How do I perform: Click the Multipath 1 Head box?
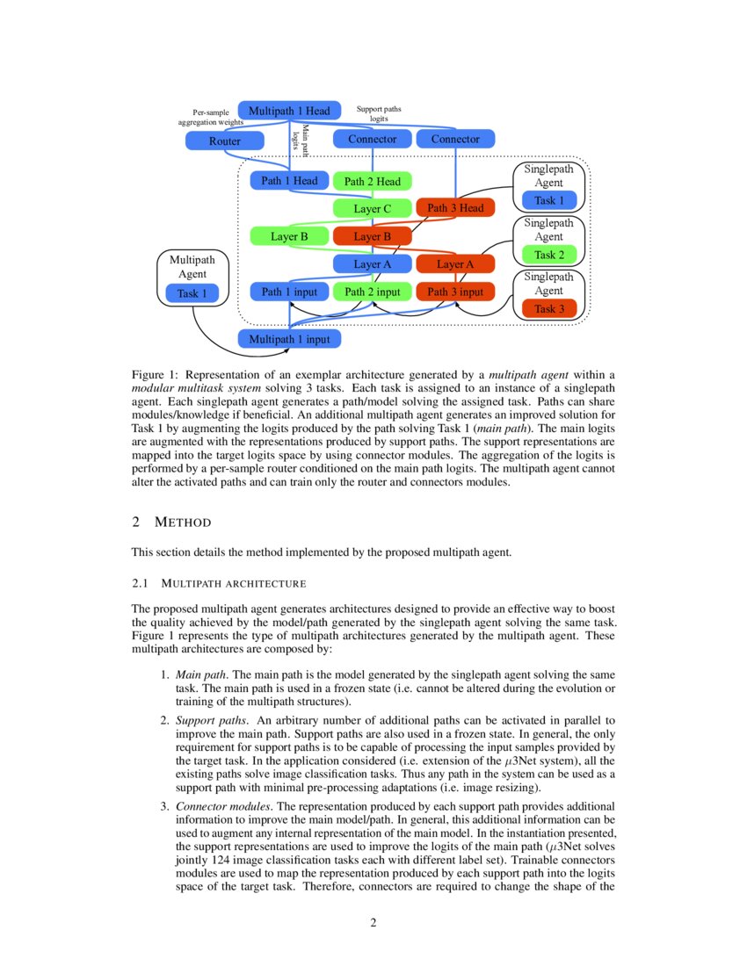(x=289, y=111)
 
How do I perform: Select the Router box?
(x=224, y=141)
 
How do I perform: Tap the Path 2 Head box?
(x=372, y=182)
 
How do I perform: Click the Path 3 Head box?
(x=455, y=208)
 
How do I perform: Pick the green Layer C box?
(x=372, y=209)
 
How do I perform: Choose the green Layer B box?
(x=289, y=236)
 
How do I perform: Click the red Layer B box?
(x=372, y=236)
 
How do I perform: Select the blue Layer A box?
(x=372, y=263)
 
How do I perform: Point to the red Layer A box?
(x=455, y=263)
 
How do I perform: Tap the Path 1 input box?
(x=289, y=292)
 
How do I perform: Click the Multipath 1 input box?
(x=289, y=338)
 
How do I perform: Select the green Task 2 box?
(x=549, y=255)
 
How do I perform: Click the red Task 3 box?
(x=549, y=308)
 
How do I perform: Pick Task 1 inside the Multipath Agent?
(x=192, y=292)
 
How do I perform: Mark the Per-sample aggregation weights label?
(x=210, y=118)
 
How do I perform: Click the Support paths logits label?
(x=379, y=113)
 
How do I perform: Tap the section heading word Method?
(x=183, y=523)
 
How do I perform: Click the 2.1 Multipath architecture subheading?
(x=218, y=583)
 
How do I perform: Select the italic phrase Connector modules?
(x=224, y=805)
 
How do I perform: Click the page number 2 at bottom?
(x=373, y=922)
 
